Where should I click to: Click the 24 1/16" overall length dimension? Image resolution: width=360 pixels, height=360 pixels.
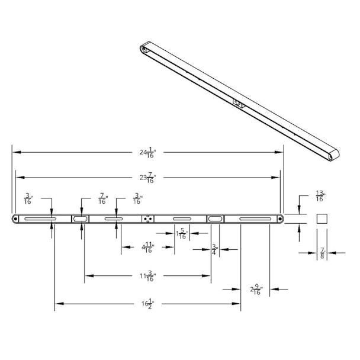147,153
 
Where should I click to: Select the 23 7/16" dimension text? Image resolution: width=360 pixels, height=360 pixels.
147,177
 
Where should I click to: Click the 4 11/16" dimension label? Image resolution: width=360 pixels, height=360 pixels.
147,249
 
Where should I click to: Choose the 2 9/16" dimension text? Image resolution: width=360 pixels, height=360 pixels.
255,290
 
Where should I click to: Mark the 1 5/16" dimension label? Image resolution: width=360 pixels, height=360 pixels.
182,234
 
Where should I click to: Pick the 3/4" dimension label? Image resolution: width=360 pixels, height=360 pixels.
214,249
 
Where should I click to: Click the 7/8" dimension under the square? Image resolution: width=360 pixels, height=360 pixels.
322,253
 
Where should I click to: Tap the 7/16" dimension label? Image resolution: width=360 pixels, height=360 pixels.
102,198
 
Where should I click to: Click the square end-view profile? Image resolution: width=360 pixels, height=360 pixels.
322,219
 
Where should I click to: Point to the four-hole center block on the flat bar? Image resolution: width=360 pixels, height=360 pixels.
147,219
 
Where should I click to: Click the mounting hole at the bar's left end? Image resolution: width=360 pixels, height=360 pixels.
15,219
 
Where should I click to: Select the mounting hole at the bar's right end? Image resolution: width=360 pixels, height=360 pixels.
279,219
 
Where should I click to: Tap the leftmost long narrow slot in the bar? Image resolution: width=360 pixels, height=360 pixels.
40,219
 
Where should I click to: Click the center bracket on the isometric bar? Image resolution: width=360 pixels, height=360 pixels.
239,104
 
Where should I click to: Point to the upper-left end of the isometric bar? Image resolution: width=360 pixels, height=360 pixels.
145,48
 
